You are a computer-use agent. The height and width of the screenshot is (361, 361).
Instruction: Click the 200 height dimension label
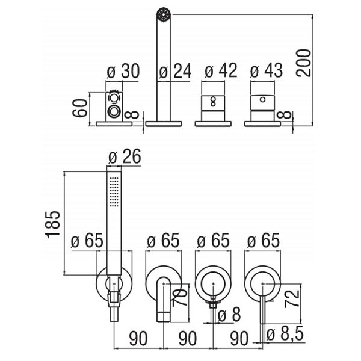[x=304, y=63]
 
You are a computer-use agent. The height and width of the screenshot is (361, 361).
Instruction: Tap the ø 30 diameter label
[x=123, y=71]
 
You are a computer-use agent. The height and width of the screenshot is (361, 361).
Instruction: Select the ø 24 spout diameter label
[x=175, y=71]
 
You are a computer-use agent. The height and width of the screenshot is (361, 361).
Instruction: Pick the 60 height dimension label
[x=79, y=108]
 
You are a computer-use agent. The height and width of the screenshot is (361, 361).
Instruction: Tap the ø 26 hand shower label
[x=125, y=156]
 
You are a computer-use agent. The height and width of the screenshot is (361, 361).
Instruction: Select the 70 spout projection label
[x=180, y=297]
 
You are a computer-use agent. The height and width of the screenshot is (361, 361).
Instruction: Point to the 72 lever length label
[x=292, y=298]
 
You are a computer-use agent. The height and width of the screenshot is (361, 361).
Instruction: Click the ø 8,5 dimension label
[x=285, y=333]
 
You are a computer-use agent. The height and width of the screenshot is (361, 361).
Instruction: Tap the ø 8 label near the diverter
[x=229, y=315]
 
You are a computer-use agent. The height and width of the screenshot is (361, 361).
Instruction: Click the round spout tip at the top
[x=164, y=14]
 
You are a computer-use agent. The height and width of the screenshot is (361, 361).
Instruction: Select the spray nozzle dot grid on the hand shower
[x=114, y=192]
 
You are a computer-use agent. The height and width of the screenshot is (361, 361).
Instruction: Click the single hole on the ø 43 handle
[x=262, y=100]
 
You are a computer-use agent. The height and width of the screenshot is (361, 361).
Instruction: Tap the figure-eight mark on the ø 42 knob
[x=213, y=102]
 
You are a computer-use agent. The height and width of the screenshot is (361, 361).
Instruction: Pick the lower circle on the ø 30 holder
[x=114, y=111]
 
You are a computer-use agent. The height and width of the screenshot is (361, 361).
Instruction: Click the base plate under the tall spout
[x=164, y=123]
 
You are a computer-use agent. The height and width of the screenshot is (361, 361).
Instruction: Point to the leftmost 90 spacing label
[x=138, y=338]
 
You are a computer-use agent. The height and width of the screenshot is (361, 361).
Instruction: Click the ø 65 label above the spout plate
[x=163, y=241]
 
